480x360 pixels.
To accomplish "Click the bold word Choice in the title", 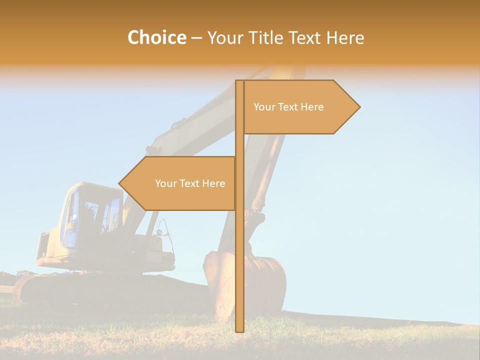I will [x=156, y=37].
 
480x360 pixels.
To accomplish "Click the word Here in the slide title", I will [x=345, y=37].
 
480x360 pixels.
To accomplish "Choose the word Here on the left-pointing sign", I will [x=213, y=183].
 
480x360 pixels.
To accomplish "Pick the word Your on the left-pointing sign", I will [x=165, y=183].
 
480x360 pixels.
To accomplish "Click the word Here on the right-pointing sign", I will [x=312, y=107].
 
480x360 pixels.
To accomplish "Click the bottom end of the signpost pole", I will [x=239, y=330].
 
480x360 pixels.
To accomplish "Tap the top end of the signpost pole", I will [x=239, y=82].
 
